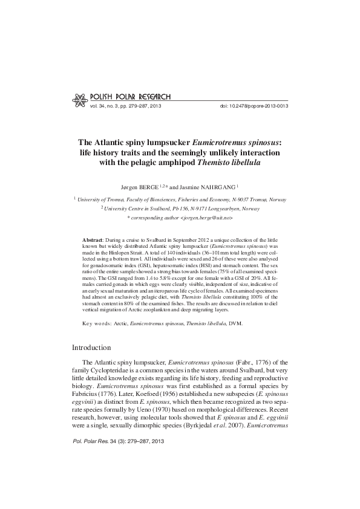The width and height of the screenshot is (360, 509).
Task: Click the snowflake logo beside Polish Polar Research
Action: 78,98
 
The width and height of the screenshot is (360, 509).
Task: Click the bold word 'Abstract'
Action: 93,240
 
